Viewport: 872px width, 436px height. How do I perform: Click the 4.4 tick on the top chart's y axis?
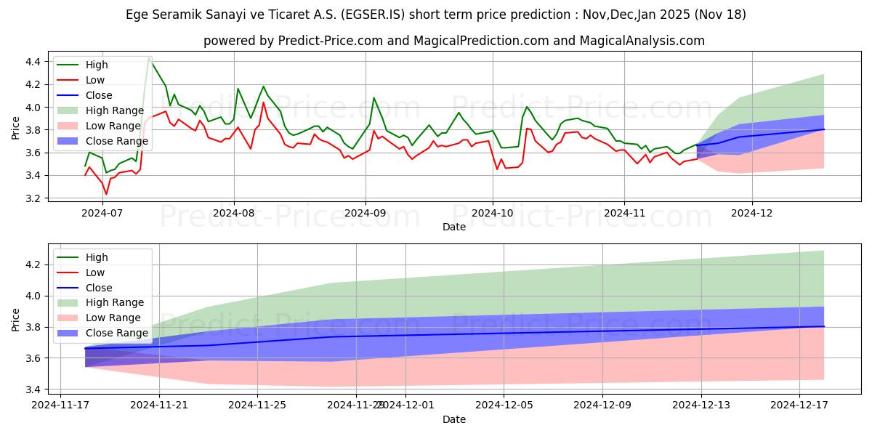[33, 62]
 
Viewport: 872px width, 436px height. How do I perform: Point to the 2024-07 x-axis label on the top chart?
[102, 214]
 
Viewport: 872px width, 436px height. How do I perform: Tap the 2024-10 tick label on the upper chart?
[493, 214]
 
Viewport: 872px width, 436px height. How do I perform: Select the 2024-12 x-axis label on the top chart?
[752, 214]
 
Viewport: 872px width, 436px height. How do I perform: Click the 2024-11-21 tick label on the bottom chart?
[159, 405]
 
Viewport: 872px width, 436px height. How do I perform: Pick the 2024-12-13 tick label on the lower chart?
[701, 405]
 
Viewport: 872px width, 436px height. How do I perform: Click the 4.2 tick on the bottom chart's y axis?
[33, 265]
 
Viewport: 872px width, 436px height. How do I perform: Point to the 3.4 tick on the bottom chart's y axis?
[33, 389]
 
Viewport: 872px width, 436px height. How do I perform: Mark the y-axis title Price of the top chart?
[16, 129]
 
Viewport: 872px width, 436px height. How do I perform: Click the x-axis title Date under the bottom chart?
[454, 419]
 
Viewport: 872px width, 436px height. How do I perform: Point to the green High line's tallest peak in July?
[149, 57]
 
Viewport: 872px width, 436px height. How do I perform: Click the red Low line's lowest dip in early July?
[106, 194]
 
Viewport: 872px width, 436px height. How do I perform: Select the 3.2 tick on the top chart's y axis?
[33, 198]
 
